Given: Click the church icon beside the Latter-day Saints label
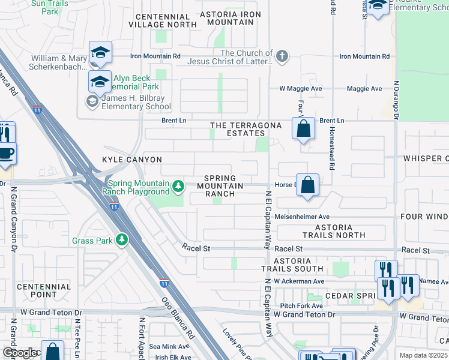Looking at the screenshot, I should tap(282, 57).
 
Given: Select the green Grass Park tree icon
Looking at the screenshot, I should tap(122, 240).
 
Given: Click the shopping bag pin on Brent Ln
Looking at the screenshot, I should tap(304, 128).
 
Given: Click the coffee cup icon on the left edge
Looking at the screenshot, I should tap(6, 153).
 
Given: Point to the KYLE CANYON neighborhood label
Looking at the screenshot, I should tap(132, 160).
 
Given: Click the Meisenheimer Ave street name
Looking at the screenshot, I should tap(302, 217).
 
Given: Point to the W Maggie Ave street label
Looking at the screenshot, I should tap(301, 89).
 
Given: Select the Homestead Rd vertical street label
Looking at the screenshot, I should tap(331, 145).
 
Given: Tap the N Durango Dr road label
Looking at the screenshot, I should tap(396, 99).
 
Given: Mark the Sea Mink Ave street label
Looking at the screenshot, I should tap(169, 346).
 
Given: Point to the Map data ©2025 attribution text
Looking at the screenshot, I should tap(424, 355).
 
